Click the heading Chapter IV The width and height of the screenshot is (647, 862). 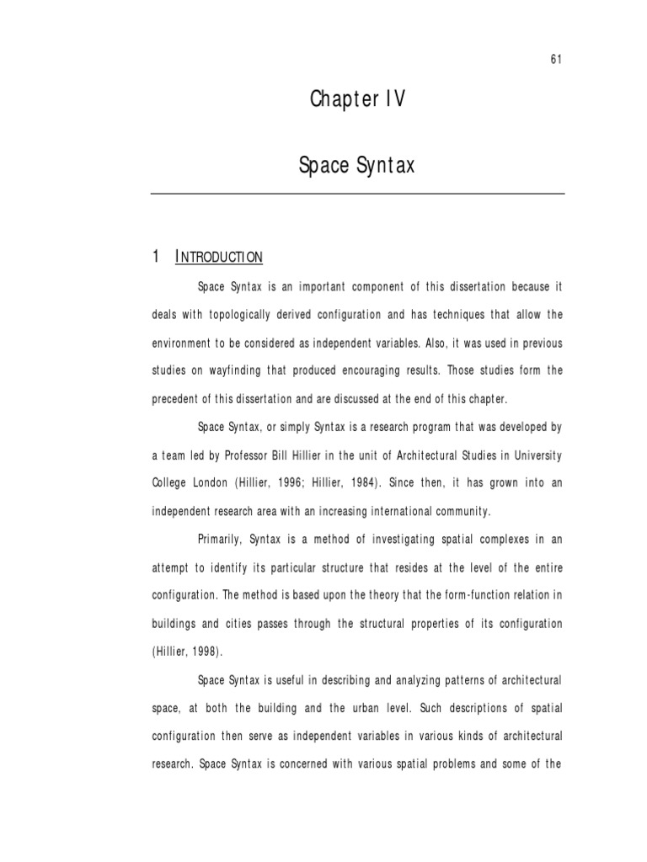click(358, 100)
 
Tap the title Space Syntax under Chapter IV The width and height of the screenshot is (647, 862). click(357, 166)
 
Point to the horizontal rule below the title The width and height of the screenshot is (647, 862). click(357, 194)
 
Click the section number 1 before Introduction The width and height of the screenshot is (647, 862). click(156, 256)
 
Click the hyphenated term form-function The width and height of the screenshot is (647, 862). click(463, 595)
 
